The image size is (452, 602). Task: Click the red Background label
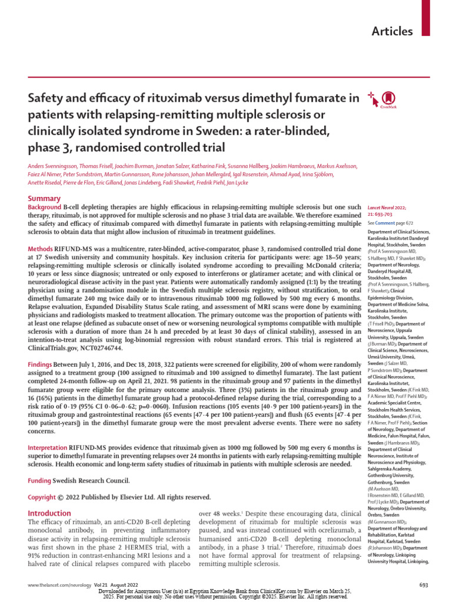pos(45,208)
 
